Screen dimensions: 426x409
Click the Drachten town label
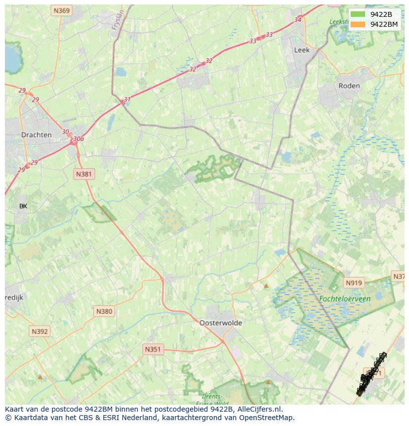point(36,135)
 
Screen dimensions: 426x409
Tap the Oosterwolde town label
point(220,323)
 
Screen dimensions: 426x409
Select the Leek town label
point(301,50)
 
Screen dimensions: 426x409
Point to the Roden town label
point(349,86)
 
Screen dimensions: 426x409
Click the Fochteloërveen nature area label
point(344,299)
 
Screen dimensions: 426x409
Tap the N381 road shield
point(84,174)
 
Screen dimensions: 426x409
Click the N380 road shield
point(104,311)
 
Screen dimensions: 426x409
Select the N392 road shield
point(39,331)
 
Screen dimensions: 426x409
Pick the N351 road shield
point(153,349)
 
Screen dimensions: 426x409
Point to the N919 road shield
point(354,283)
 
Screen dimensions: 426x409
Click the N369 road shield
point(62,10)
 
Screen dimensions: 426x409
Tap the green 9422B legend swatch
point(358,14)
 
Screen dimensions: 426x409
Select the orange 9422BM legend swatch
point(358,24)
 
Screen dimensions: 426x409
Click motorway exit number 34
point(297,20)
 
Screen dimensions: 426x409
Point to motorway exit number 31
point(127,99)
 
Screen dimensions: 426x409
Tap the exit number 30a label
point(78,139)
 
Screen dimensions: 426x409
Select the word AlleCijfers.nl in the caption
point(259,409)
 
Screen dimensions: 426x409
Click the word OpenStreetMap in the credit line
point(268,418)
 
